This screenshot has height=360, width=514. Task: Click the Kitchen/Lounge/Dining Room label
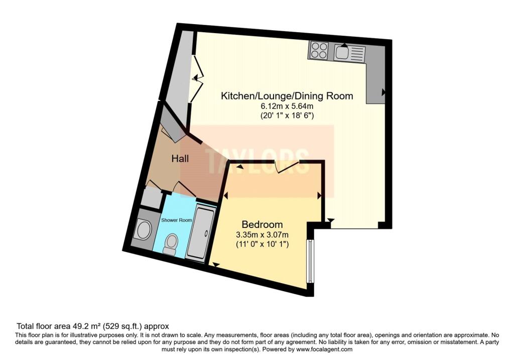click(x=287, y=96)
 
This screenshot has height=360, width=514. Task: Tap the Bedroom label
click(x=262, y=224)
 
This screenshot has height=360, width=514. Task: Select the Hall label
click(x=180, y=159)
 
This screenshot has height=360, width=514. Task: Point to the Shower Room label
click(x=176, y=220)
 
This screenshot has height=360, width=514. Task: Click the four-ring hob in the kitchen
click(x=319, y=51)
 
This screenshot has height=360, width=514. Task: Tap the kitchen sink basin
click(x=341, y=52)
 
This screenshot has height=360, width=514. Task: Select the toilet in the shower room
click(x=171, y=245)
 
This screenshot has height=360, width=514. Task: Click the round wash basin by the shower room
click(x=144, y=230)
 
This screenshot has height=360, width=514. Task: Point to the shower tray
click(x=200, y=233)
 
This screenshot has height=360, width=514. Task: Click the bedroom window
click(x=309, y=261)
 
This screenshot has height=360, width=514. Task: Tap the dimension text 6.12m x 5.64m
click(x=287, y=106)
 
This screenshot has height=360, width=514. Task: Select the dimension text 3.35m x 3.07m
click(x=262, y=235)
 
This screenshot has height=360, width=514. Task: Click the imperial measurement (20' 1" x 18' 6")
click(x=287, y=115)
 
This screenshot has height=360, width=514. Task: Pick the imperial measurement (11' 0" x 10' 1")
click(x=262, y=244)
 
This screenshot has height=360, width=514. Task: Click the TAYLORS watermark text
click(x=257, y=161)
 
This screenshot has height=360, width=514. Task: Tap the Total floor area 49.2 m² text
click(x=59, y=326)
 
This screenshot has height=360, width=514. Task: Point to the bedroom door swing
click(x=287, y=166)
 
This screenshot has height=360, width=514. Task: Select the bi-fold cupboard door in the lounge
click(x=198, y=79)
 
